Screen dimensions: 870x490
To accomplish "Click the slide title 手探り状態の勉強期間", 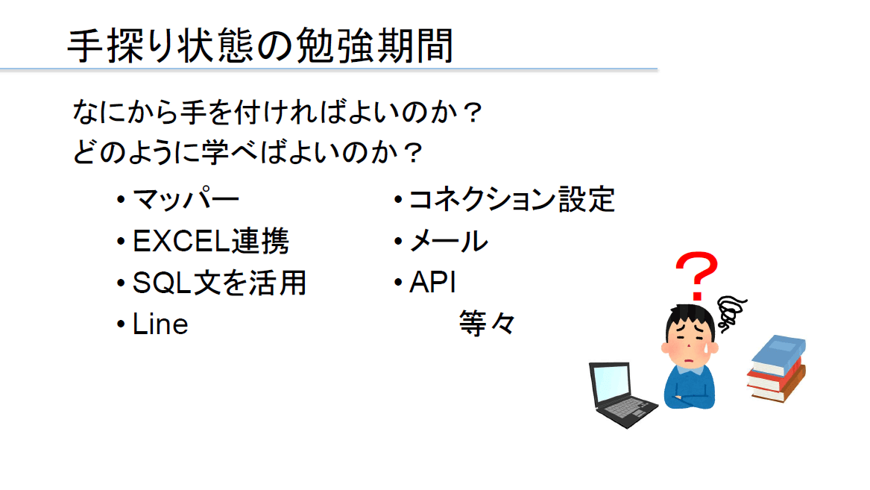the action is [260, 45].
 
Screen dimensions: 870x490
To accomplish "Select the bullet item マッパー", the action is [186, 200].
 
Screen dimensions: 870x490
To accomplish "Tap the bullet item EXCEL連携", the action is [211, 242].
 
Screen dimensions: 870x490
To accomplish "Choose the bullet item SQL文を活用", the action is [219, 283].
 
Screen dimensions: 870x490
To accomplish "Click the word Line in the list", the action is [160, 324].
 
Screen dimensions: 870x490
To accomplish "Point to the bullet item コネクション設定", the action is [511, 200].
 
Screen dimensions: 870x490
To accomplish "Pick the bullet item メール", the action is [448, 242].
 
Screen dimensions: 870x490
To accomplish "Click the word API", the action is [432, 283].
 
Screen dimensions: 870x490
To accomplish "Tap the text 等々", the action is [487, 324].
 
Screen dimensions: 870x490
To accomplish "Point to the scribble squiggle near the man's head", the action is [731, 313].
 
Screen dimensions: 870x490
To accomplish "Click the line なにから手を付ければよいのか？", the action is [277, 112].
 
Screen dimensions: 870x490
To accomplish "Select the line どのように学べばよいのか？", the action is [248, 152].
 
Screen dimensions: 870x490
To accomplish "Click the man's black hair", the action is [690, 319].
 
